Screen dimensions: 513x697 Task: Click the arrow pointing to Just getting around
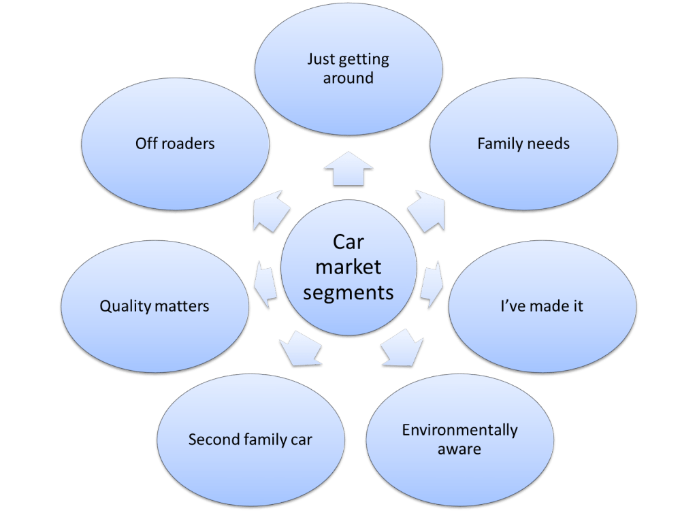pos(348,171)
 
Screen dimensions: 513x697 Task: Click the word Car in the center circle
pos(348,242)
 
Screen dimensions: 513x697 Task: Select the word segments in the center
pos(348,293)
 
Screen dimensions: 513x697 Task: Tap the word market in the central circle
pos(348,267)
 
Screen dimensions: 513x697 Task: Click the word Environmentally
pos(459,430)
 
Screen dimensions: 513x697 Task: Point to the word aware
pos(459,449)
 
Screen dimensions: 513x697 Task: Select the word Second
pos(212,440)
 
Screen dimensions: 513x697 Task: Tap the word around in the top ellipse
pos(348,78)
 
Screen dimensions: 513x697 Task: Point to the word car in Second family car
pos(301,440)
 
